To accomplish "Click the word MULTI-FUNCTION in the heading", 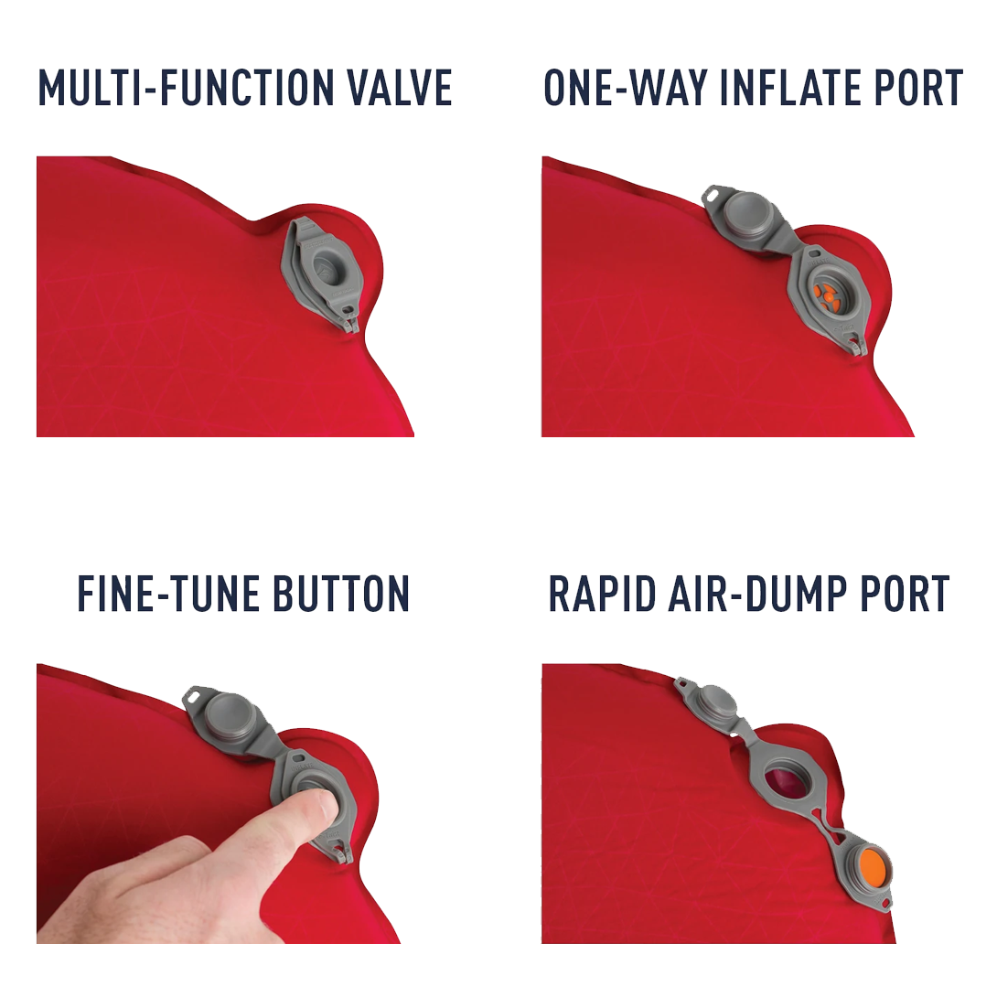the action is pyautogui.click(x=187, y=87).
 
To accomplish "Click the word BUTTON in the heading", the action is pyautogui.click(x=341, y=594).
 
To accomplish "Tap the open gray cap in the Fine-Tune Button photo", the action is pyautogui.click(x=226, y=717).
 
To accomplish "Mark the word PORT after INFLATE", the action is pyautogui.click(x=919, y=87).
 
